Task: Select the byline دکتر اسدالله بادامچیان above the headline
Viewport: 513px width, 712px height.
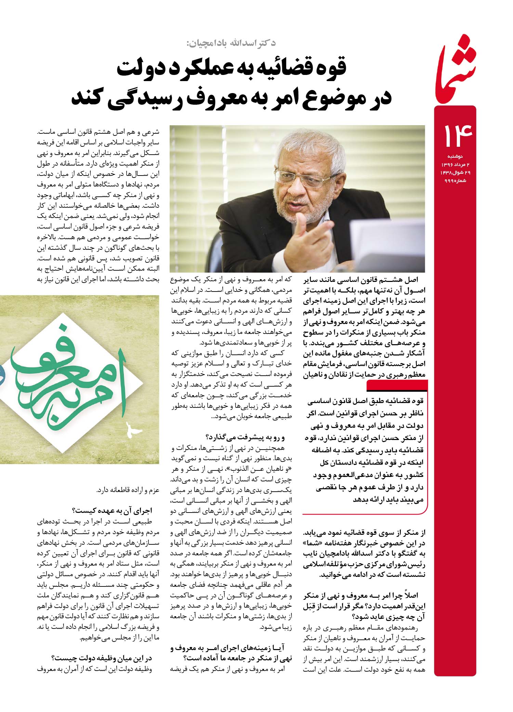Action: coord(232,43)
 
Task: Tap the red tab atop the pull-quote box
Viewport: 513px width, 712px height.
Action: coord(397,386)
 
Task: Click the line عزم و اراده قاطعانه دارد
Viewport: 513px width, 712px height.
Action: coord(128,490)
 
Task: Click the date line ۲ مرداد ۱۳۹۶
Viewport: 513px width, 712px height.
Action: coord(455,165)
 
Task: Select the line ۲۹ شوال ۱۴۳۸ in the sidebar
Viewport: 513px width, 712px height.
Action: coord(455,172)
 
